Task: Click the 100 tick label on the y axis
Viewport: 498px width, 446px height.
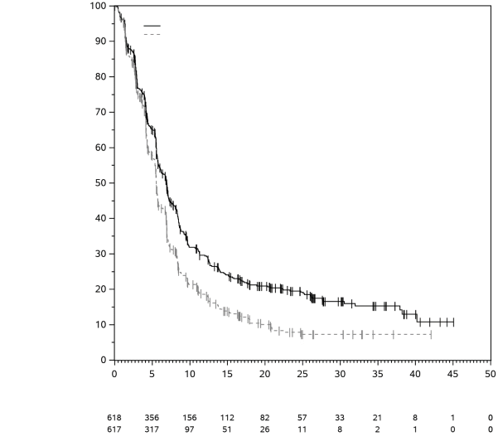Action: (x=99, y=6)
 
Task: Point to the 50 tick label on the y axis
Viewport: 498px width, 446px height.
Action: (x=102, y=183)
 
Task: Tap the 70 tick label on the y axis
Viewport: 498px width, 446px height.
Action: (x=102, y=112)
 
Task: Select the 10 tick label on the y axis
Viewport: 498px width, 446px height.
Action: (x=102, y=324)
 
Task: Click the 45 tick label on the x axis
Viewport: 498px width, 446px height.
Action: (x=452, y=374)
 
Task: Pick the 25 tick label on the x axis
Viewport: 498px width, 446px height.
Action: (x=302, y=374)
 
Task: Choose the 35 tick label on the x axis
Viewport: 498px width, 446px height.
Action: (x=377, y=374)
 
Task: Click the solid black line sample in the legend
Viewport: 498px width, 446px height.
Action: (x=152, y=27)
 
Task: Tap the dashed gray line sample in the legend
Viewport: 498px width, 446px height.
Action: (x=152, y=34)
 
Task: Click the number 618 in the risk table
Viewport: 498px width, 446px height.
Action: (x=114, y=418)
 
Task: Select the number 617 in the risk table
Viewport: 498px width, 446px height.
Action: (x=114, y=429)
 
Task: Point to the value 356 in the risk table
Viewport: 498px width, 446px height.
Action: (x=152, y=418)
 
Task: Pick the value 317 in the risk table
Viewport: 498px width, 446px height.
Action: (x=152, y=429)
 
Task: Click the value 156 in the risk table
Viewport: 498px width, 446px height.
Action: (x=190, y=418)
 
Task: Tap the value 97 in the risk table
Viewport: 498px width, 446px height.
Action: (x=190, y=429)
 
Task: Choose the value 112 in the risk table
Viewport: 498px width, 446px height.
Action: (x=227, y=418)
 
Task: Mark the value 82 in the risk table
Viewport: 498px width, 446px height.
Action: (x=265, y=418)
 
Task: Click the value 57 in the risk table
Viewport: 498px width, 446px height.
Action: (x=302, y=418)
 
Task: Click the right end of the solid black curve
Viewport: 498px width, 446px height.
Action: (x=454, y=322)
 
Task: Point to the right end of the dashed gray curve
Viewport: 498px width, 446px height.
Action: (x=432, y=334)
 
